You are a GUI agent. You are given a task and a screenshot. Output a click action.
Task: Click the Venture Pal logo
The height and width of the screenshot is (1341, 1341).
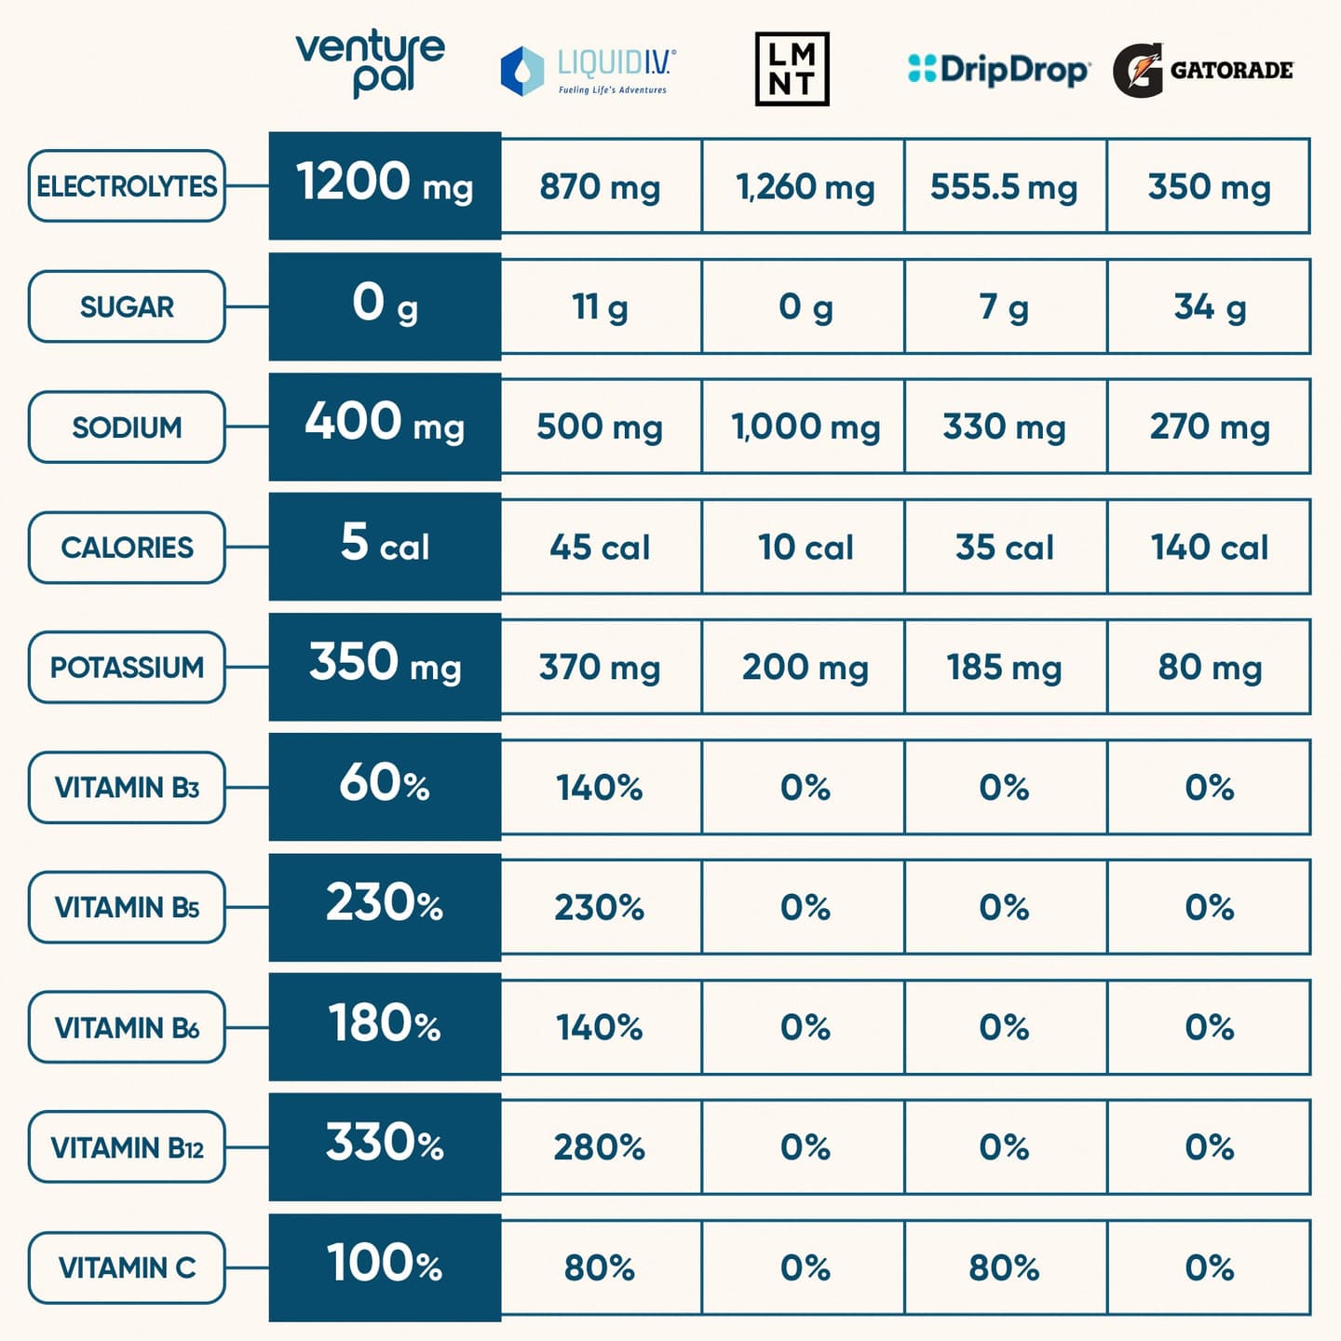371,63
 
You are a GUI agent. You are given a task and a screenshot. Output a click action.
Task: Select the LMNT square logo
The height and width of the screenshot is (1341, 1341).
792,69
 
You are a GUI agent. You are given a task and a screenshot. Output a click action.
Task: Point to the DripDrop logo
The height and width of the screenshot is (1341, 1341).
998,70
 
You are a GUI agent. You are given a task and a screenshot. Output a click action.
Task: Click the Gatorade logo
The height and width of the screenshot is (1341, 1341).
1203,70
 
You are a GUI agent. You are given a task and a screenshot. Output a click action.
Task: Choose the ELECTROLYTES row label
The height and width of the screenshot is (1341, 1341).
127,186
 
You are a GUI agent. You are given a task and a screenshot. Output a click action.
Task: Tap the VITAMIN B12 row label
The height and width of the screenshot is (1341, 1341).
127,1147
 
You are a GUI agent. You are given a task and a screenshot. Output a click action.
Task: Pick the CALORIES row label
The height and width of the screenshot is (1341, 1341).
127,548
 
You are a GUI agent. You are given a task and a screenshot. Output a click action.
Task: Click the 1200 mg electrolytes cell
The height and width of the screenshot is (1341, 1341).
385,184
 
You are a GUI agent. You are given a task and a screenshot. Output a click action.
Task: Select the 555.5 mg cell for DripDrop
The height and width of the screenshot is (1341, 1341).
1005,186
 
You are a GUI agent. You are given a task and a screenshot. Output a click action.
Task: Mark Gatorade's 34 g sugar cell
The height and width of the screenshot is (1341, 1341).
1209,306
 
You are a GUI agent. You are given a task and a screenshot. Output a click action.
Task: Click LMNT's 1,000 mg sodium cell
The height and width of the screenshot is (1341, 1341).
804,427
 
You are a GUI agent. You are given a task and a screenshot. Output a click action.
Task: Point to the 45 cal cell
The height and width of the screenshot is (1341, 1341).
601,547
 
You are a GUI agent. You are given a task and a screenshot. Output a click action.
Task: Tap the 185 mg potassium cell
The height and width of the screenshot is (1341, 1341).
1005,667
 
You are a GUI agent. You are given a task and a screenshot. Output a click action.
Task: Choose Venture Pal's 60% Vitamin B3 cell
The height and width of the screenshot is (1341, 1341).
385,785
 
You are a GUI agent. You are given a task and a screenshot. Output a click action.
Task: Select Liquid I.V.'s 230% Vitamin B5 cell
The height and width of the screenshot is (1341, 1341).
601,907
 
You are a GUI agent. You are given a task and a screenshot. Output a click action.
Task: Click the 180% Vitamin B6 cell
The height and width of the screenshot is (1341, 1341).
385,1025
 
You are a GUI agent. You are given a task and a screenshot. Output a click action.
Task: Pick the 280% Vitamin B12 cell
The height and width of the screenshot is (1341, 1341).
601,1147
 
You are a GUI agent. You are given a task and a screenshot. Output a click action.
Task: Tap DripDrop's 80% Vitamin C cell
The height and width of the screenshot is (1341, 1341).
1005,1267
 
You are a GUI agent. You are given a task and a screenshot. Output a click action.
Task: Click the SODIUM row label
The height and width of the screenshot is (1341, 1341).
127,427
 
